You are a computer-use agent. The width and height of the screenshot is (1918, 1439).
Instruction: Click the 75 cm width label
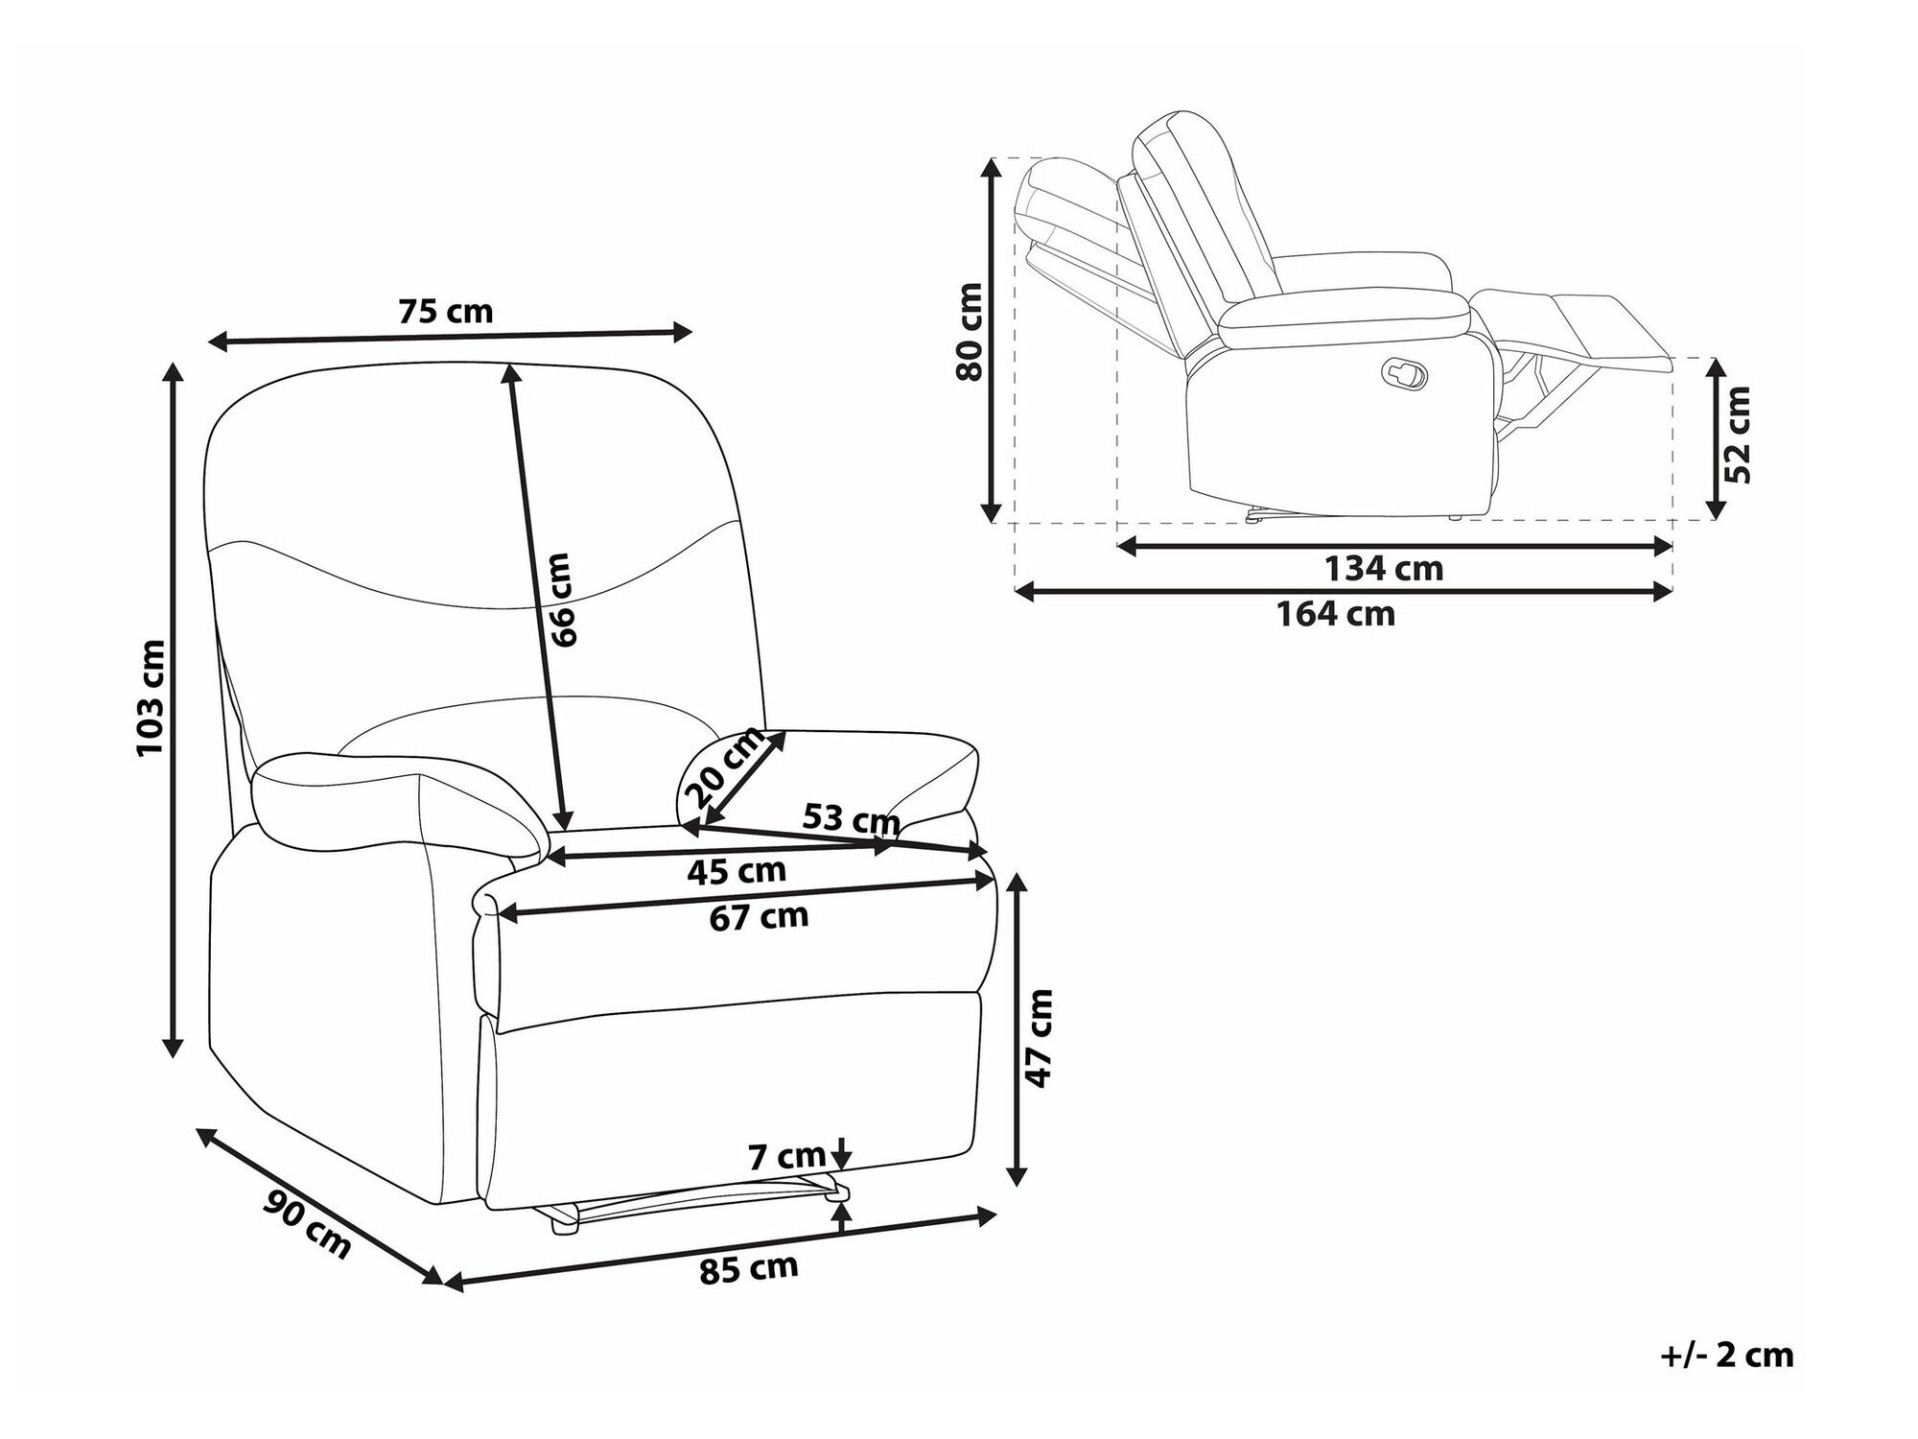tap(445, 312)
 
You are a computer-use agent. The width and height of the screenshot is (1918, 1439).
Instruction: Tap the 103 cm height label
tap(152, 697)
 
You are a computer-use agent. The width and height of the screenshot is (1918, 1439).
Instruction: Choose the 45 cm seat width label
tap(737, 871)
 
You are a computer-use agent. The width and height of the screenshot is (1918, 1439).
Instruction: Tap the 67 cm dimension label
tap(760, 917)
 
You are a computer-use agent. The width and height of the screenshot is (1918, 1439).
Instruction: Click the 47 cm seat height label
tap(1039, 1039)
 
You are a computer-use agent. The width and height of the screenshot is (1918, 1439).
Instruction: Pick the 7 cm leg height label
tap(786, 1157)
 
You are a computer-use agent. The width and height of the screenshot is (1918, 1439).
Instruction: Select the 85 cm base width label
tap(748, 1269)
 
